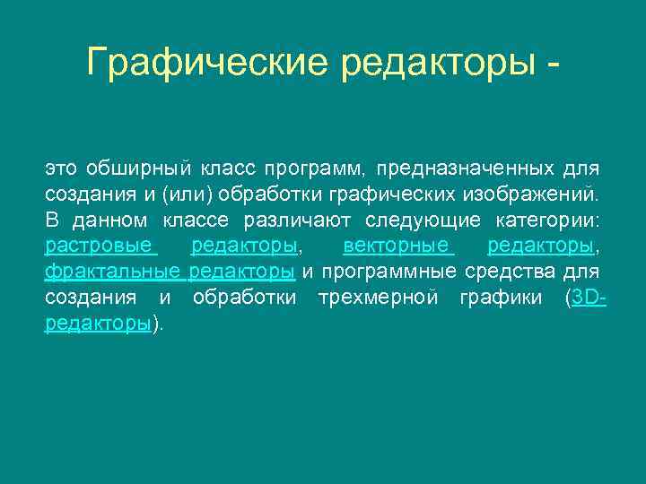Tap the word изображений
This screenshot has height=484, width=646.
[x=528, y=194]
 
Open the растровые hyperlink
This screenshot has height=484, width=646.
[x=100, y=246]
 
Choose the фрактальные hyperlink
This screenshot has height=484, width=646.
[x=113, y=272]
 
